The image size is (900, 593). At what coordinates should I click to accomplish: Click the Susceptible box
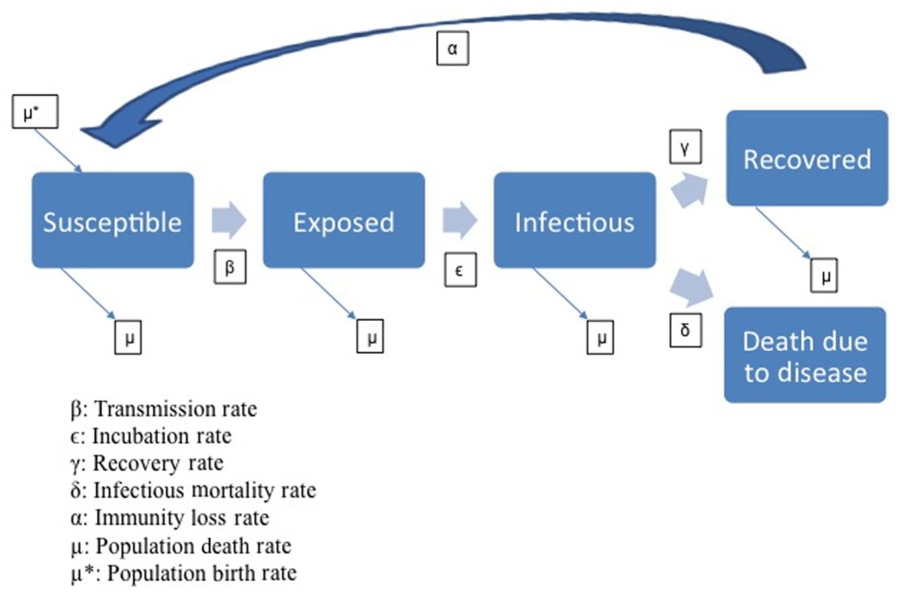click(x=113, y=220)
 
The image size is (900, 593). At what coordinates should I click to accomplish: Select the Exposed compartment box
click(x=344, y=220)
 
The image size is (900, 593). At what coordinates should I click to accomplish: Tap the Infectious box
click(x=574, y=220)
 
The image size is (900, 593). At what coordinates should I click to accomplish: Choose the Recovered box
click(x=807, y=158)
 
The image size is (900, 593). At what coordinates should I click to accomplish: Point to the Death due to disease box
click(x=805, y=355)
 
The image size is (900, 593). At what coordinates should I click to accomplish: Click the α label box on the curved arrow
click(x=453, y=48)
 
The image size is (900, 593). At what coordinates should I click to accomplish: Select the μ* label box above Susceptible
click(x=35, y=111)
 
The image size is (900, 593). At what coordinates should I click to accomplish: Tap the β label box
click(x=230, y=267)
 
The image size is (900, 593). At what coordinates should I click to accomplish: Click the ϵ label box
click(x=461, y=269)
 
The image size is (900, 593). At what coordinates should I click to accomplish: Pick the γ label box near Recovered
click(x=686, y=146)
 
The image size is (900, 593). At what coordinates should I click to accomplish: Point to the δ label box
click(x=686, y=330)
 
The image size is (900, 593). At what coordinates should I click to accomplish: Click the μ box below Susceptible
click(x=128, y=337)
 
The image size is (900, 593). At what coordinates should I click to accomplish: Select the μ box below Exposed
click(x=370, y=336)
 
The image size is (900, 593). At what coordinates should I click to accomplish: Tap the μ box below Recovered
click(x=824, y=275)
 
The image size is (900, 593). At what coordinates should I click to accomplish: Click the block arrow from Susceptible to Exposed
click(x=229, y=220)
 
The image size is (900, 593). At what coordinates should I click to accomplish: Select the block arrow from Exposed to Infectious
click(x=460, y=220)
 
